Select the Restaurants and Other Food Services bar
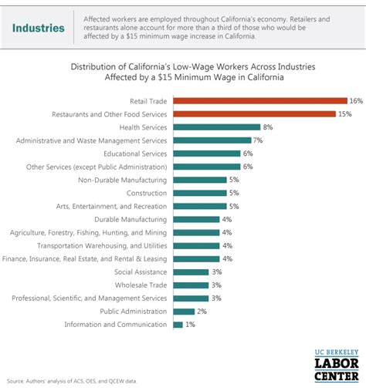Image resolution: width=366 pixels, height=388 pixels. (255, 113)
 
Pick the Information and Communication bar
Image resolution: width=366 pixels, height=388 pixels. (178, 324)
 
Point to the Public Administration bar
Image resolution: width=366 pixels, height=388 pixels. (184, 311)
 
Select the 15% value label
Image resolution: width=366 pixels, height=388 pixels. (344, 113)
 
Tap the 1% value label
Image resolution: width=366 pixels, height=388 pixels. (191, 324)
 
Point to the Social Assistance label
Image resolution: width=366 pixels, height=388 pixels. (140, 272)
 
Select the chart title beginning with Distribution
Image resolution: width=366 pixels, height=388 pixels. (183, 71)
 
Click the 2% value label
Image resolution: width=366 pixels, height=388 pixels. (202, 311)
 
